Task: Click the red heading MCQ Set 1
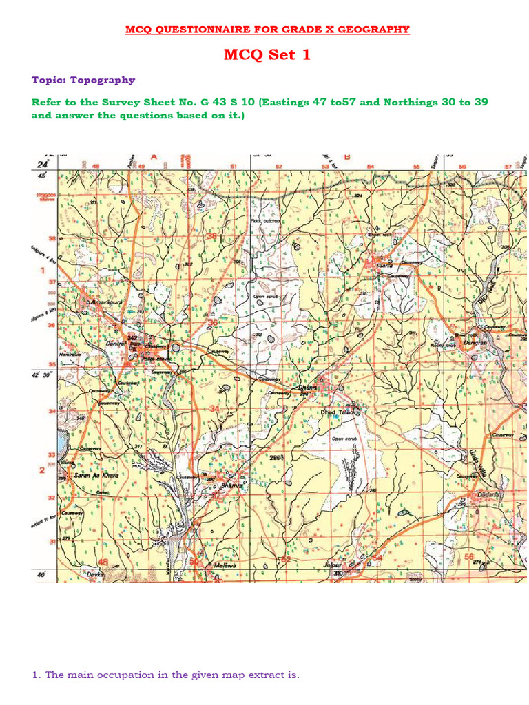(267, 54)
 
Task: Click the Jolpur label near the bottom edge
(333, 565)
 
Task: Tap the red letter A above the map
(154, 157)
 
